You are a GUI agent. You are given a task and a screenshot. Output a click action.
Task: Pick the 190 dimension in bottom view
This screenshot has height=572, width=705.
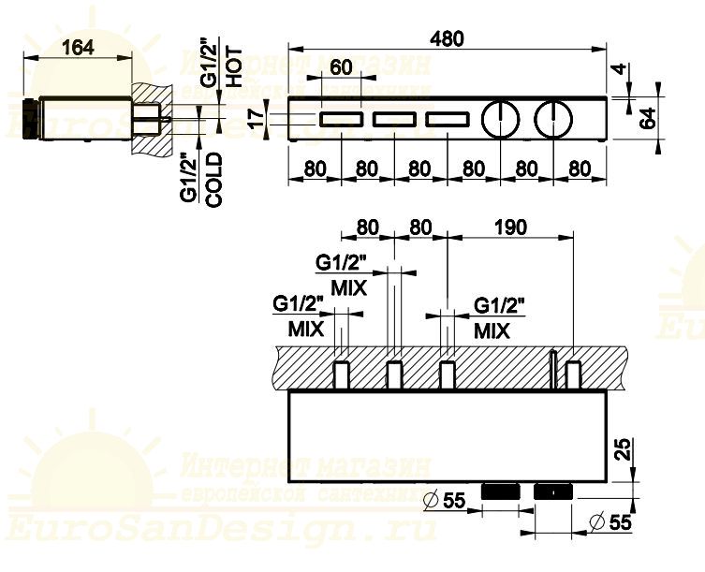509,227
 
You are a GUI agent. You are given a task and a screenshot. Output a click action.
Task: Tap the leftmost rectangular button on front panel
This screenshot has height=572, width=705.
341,119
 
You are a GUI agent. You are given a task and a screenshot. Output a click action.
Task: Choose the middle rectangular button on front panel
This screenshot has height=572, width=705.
394,119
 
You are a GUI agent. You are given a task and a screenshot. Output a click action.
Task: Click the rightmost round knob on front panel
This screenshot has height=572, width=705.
555,120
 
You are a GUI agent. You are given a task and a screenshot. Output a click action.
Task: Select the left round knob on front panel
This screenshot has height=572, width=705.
502,120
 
